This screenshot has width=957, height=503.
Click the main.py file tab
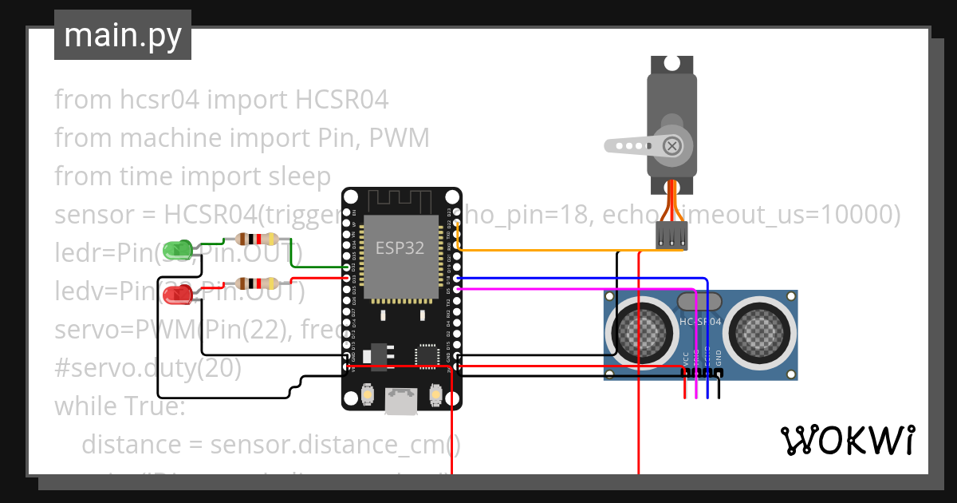[x=122, y=36]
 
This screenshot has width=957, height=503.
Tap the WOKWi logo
[x=847, y=440]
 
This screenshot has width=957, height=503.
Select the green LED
[x=176, y=251]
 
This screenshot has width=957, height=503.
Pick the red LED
[x=176, y=295]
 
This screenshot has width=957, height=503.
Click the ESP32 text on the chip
[x=400, y=248]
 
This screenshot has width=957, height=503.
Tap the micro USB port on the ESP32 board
[x=401, y=402]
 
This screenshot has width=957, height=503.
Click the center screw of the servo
[x=672, y=145]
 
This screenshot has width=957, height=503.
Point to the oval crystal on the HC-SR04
[x=699, y=302]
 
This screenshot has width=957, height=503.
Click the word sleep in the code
[x=299, y=176]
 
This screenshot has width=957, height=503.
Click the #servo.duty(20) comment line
[x=148, y=368]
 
